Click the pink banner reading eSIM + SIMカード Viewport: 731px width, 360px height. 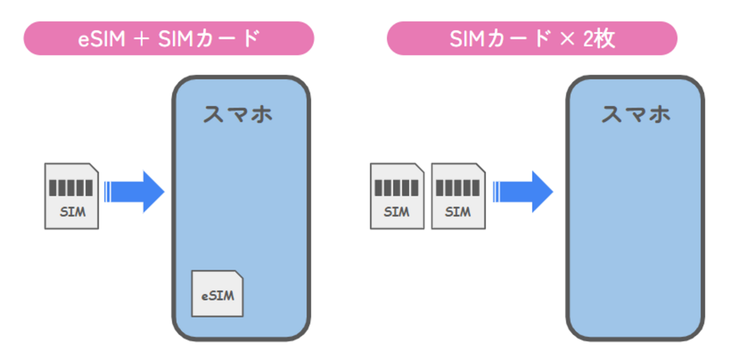coord(168,38)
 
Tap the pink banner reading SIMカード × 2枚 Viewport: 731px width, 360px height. coord(532,38)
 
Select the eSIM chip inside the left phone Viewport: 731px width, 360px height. coord(217,293)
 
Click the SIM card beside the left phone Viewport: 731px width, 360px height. coord(71,196)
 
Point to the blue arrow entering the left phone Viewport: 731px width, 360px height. coord(135,192)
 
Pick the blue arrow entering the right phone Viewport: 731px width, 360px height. coord(524,192)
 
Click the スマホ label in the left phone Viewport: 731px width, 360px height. coord(237,115)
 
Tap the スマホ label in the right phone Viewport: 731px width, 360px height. coord(635,115)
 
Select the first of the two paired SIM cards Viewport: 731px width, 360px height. coord(397,196)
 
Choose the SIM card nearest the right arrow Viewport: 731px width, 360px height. coord(458,196)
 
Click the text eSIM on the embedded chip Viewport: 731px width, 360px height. coord(217,296)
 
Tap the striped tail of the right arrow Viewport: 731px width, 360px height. coord(497,192)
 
